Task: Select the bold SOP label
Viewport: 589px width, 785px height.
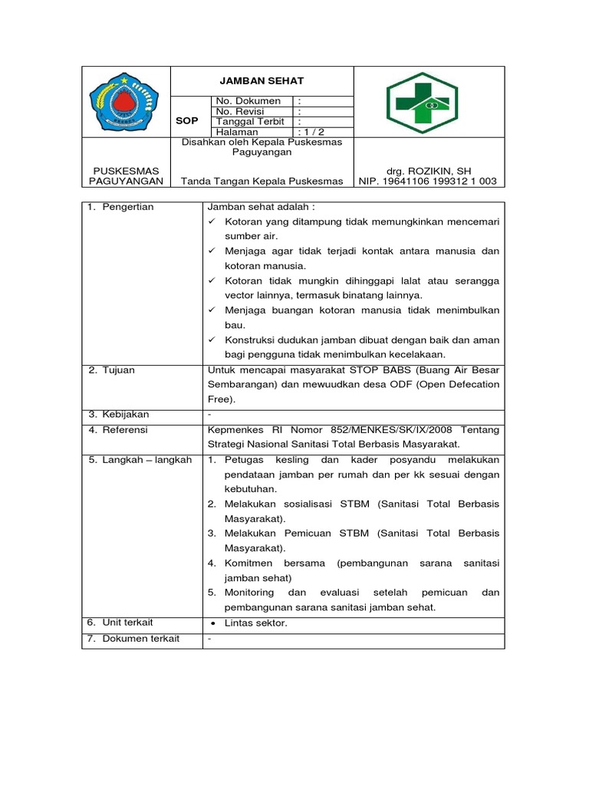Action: coord(187,121)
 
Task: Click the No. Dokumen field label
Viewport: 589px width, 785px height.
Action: coord(248,101)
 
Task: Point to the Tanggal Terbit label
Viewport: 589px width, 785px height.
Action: coord(250,122)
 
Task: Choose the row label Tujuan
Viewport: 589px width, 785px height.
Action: coord(118,370)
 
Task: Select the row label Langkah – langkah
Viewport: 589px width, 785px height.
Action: coord(146,460)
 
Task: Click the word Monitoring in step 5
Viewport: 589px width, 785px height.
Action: coord(249,593)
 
